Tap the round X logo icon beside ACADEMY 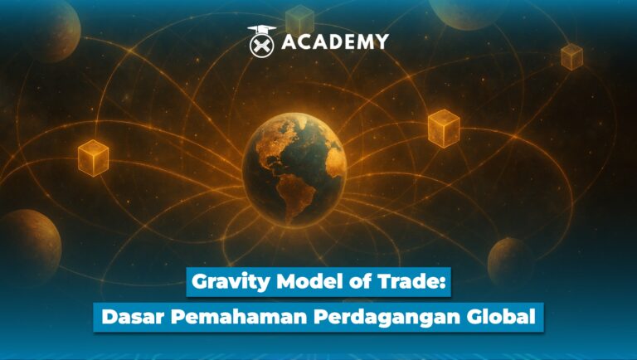(x=262, y=41)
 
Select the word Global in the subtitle (x=500, y=316)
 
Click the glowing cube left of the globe (x=93, y=158)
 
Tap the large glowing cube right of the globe (x=444, y=129)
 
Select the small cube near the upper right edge (x=571, y=56)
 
